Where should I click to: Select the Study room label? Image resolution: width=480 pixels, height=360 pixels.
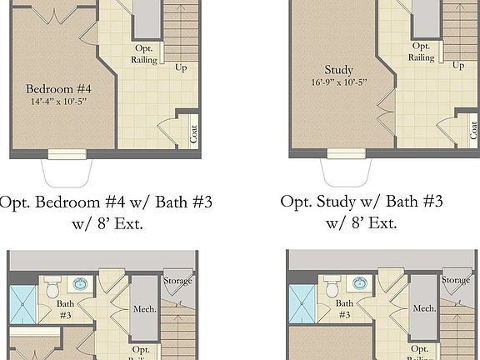[339, 70]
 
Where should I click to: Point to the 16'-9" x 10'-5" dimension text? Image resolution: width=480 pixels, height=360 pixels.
[339, 82]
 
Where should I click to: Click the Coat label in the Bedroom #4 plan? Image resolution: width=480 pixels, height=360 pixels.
[193, 133]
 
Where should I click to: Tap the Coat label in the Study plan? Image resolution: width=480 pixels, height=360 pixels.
[473, 130]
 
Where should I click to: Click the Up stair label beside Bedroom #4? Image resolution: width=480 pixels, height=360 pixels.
[181, 67]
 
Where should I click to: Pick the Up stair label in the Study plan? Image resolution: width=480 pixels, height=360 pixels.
[458, 65]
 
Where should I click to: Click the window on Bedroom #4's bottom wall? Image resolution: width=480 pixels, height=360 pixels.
[66, 153]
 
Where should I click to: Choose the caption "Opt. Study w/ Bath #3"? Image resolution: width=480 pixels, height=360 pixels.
[361, 202]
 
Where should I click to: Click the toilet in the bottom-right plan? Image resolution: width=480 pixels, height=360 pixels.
[332, 287]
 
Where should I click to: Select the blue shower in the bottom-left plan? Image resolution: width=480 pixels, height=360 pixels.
[23, 304]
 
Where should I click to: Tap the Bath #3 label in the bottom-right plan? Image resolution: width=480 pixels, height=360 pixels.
[344, 310]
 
